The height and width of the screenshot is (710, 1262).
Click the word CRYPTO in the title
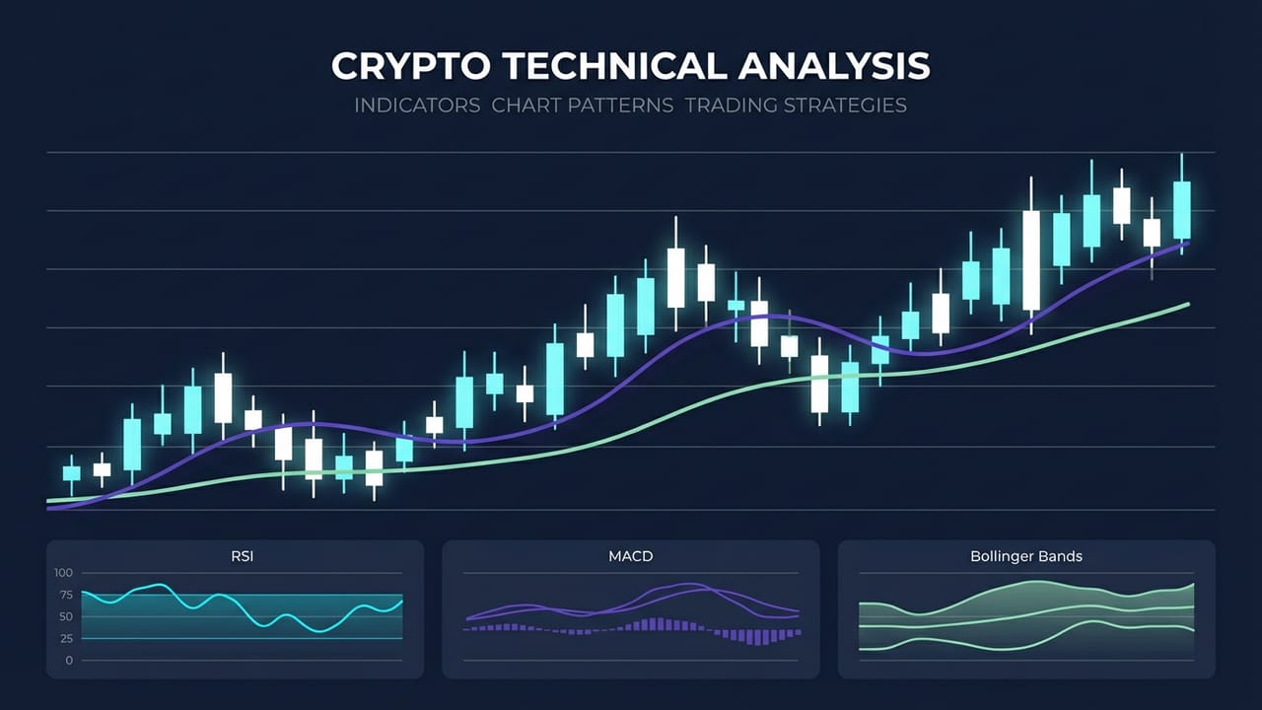pos(408,66)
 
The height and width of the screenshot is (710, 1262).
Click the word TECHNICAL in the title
pos(596,66)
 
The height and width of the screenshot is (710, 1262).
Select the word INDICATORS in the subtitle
pos(416,105)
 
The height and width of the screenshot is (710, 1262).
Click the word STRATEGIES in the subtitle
pos(845,105)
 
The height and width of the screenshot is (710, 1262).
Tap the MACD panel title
pos(631,557)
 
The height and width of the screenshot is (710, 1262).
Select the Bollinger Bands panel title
pos(1026,557)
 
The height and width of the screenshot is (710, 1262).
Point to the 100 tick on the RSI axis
pos(63,573)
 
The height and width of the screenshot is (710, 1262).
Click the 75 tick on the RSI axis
pos(65,595)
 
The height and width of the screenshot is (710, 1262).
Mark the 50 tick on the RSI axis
pos(65,616)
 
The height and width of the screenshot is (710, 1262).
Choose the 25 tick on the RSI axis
pos(65,638)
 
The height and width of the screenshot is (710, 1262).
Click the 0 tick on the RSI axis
pos(69,660)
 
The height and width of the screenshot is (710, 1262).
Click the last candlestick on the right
pos(1181,209)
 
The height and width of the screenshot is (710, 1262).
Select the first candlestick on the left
pos(71,473)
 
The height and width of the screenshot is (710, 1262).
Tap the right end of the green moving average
pos(1189,304)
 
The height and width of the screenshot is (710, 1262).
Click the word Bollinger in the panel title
pos(1003,557)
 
